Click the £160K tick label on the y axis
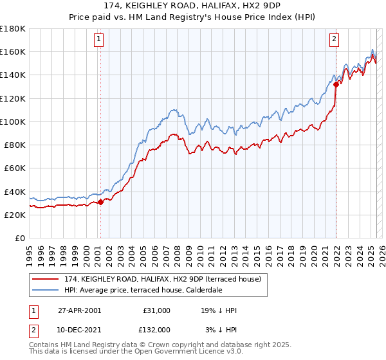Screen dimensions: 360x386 coord(13,51)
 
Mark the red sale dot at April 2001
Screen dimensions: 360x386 coord(100,202)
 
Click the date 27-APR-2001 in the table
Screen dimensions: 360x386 coord(78,310)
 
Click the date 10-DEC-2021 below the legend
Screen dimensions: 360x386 coord(78,330)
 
